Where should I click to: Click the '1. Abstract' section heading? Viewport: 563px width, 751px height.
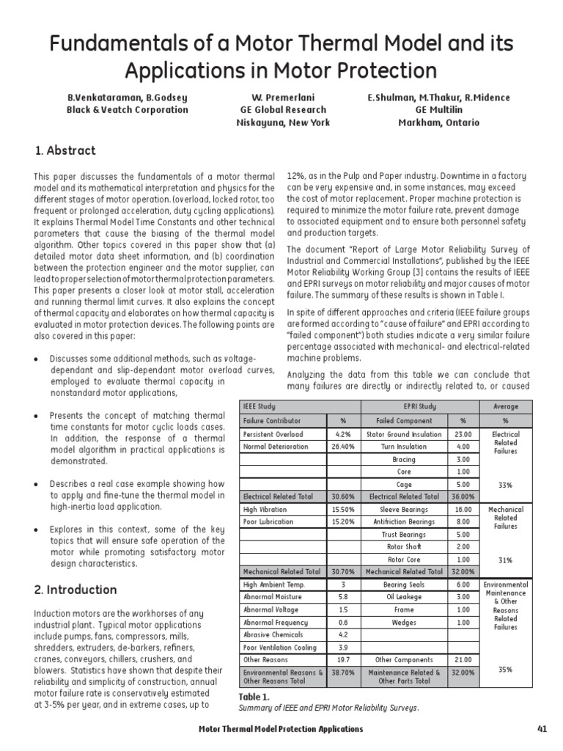[65, 150]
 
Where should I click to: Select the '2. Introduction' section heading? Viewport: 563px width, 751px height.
[76, 590]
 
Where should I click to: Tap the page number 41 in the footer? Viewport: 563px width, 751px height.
[542, 728]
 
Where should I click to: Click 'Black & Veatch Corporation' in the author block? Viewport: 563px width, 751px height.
[128, 110]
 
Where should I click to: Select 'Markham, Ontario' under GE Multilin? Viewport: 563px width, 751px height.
[438, 122]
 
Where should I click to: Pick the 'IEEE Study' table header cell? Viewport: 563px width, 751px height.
[261, 406]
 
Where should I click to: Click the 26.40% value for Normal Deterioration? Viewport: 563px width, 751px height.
[342, 446]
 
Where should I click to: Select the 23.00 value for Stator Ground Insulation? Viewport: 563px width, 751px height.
[462, 433]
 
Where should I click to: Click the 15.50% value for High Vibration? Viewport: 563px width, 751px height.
[342, 509]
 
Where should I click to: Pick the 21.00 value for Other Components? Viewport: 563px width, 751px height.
[462, 660]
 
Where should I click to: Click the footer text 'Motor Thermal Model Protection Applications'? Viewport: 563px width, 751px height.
[281, 728]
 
